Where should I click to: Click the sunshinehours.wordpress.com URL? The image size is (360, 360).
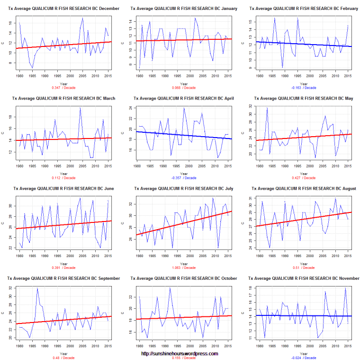(180, 353)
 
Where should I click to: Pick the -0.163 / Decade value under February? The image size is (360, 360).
(302, 88)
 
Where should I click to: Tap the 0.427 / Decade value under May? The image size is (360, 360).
(302, 177)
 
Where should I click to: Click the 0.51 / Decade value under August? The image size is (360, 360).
(302, 267)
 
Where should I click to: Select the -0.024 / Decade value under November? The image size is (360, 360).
(302, 357)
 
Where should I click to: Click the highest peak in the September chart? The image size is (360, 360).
(37, 288)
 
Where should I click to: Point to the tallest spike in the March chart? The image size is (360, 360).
(80, 108)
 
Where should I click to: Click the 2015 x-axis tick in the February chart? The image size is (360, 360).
(348, 75)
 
